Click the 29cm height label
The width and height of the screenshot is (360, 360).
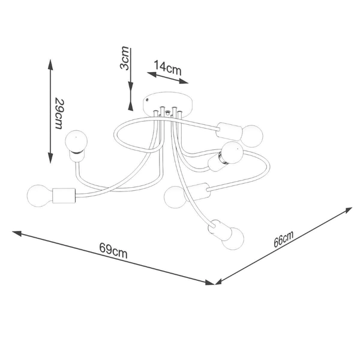[x=59, y=114]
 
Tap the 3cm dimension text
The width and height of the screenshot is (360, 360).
[x=125, y=58]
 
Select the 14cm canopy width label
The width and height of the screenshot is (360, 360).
[x=167, y=67]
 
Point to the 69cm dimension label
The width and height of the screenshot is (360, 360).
[x=113, y=250]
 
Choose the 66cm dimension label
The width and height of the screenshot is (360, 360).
[x=284, y=239]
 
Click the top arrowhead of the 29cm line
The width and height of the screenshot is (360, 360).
[x=50, y=64]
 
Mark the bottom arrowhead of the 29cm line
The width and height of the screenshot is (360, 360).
[x=50, y=158]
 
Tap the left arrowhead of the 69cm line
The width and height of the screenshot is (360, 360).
[x=17, y=233]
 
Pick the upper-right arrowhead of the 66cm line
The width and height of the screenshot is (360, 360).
[x=347, y=211]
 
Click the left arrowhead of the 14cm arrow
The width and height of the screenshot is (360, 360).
[x=152, y=74]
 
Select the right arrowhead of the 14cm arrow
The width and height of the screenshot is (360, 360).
[x=184, y=81]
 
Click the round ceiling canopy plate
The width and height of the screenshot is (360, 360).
[x=167, y=103]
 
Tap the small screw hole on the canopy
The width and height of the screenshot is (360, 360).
[x=147, y=100]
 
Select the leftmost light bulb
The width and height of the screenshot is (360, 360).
[x=39, y=196]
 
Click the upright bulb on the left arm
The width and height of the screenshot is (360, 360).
[x=76, y=142]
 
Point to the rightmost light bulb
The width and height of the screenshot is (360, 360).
[x=252, y=136]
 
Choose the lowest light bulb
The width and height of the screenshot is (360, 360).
[x=233, y=239]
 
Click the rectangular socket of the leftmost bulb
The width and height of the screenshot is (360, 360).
[x=64, y=196]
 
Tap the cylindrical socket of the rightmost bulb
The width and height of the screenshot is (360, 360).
[x=230, y=131]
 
